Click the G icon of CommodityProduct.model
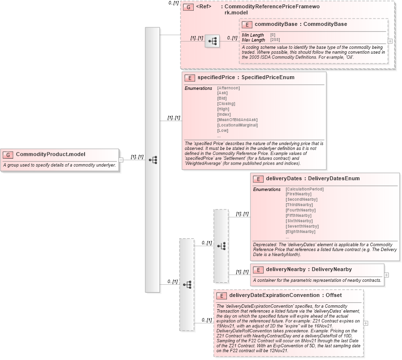[x=8, y=155]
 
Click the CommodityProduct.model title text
[x=50, y=154]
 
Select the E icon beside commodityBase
[x=247, y=24]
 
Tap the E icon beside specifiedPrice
[x=189, y=78]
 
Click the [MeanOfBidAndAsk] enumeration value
[x=237, y=120]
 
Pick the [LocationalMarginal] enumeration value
[x=238, y=125]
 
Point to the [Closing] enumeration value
[x=226, y=104]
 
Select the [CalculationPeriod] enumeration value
[x=305, y=189]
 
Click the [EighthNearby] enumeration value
[x=300, y=232]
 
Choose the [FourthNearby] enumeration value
[x=300, y=210]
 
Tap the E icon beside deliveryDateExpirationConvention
[x=222, y=296]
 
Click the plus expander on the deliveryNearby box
[x=386, y=275]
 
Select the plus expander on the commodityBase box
[x=390, y=42]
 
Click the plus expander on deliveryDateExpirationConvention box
[x=365, y=323]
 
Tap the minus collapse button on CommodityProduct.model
[x=121, y=160]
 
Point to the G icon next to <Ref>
[x=188, y=8]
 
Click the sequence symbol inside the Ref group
[x=212, y=42]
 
